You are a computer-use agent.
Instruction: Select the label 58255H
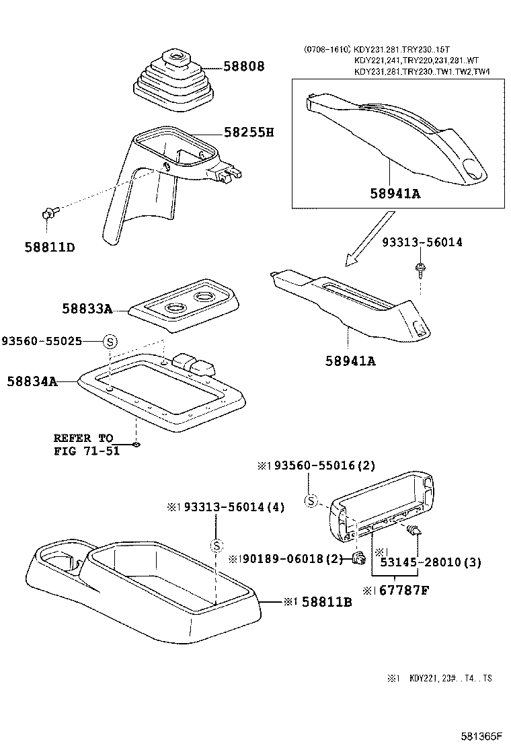pyautogui.click(x=249, y=133)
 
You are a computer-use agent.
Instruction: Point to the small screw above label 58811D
pyautogui.click(x=48, y=214)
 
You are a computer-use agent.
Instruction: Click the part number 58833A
pyautogui.click(x=87, y=309)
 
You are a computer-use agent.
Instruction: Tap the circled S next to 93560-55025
pyautogui.click(x=110, y=341)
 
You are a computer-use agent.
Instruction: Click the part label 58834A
pyautogui.click(x=32, y=381)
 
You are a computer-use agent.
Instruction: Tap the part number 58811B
pyautogui.click(x=319, y=602)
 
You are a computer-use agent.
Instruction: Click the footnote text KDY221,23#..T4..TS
pyautogui.click(x=450, y=679)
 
